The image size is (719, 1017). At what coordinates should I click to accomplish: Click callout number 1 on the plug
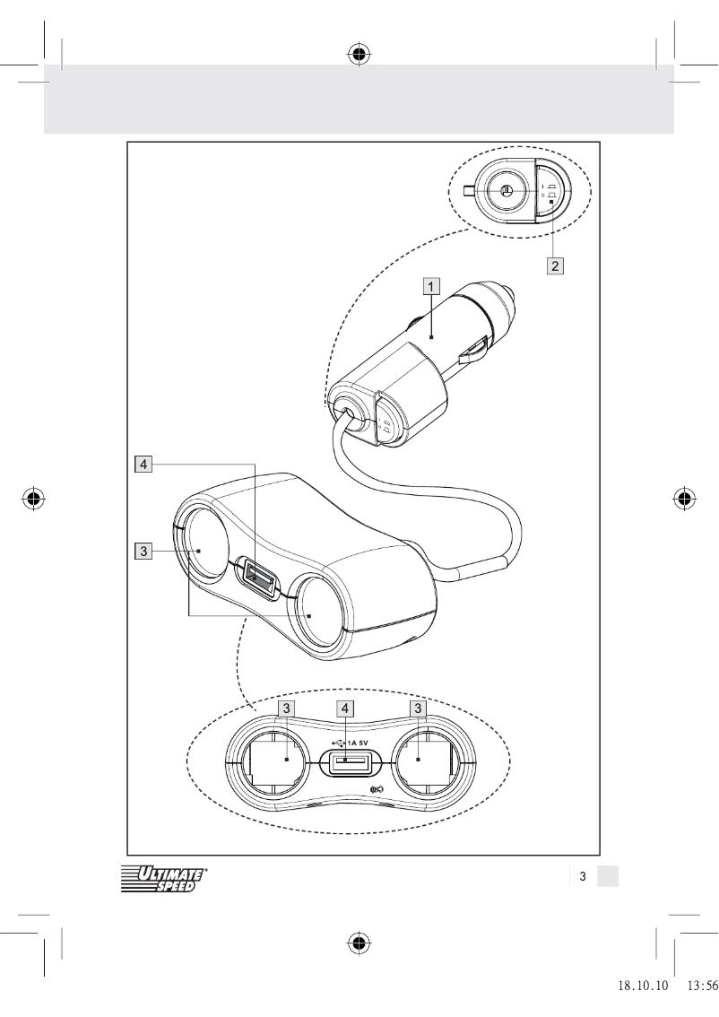coord(431,287)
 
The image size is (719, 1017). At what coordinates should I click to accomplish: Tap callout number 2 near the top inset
coord(556,265)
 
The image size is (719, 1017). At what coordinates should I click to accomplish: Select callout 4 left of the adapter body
coord(143,464)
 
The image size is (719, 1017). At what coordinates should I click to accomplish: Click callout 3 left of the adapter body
coord(143,551)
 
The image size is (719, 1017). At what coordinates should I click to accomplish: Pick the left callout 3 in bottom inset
coord(285,708)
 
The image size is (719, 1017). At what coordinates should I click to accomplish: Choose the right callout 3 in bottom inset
coord(418,708)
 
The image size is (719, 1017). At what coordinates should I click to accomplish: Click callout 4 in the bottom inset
coord(346,708)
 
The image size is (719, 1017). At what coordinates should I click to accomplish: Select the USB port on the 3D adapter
coord(258,578)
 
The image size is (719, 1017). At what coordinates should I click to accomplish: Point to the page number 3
coord(582,876)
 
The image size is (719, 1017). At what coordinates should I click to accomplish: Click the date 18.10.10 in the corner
coord(644,985)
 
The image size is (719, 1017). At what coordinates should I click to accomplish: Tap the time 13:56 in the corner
coord(702,985)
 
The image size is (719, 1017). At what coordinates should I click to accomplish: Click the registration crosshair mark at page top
coord(359,55)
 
